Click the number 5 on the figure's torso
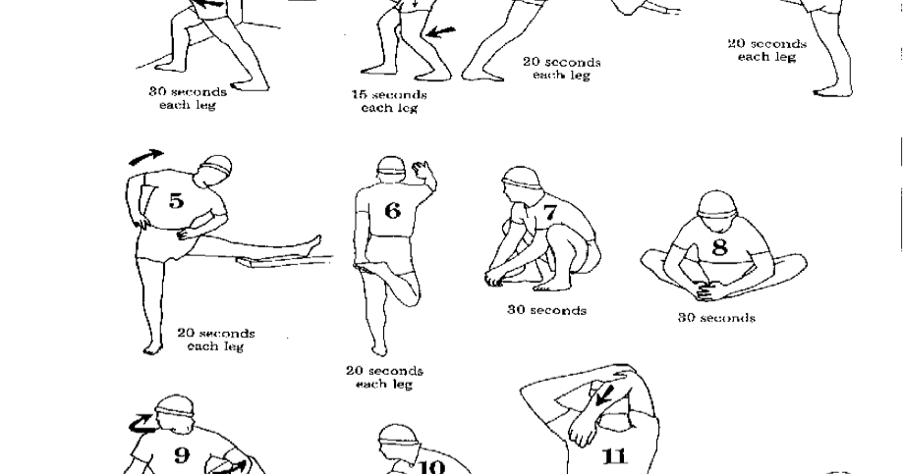[x=175, y=201]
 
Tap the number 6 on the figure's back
[x=392, y=210]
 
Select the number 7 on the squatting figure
[x=549, y=213]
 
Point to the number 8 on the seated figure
[x=719, y=246]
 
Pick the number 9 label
[x=182, y=455]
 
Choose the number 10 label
[x=431, y=465]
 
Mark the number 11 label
[x=613, y=457]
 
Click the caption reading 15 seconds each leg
[x=388, y=101]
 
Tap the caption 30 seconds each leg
[x=187, y=98]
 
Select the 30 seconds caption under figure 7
[x=546, y=310]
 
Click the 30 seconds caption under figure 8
[x=716, y=318]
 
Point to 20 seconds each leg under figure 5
[x=215, y=340]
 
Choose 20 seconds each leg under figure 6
[x=384, y=377]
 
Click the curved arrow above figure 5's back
[x=146, y=156]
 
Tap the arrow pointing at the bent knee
[x=441, y=32]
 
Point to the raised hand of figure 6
[x=423, y=169]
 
